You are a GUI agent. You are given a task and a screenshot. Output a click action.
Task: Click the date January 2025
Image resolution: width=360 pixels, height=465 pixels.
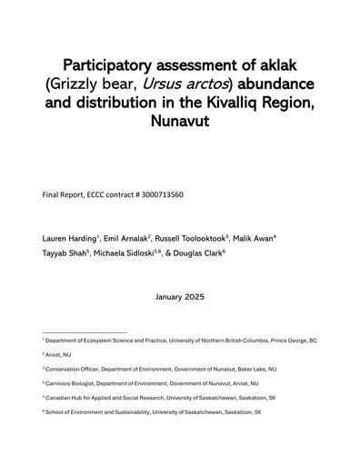coord(180,295)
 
